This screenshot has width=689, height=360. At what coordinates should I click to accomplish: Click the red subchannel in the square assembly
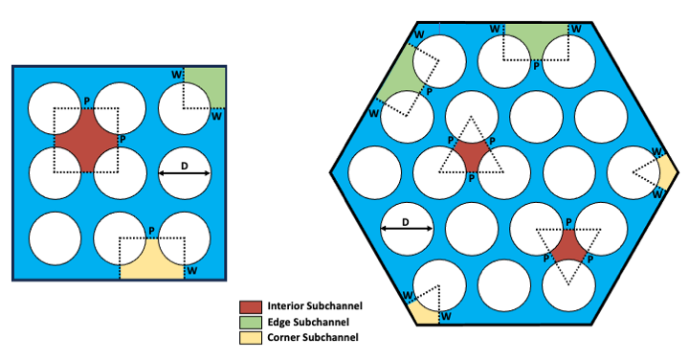87,140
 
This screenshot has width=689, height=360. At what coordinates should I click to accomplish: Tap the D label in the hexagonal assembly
406,222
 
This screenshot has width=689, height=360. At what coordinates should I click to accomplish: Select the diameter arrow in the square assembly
184,172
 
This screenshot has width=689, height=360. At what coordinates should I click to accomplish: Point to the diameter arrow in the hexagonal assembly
408,231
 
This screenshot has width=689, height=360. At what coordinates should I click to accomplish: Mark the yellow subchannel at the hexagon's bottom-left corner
424,308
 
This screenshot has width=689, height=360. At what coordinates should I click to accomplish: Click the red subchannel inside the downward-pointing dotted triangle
568,246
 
